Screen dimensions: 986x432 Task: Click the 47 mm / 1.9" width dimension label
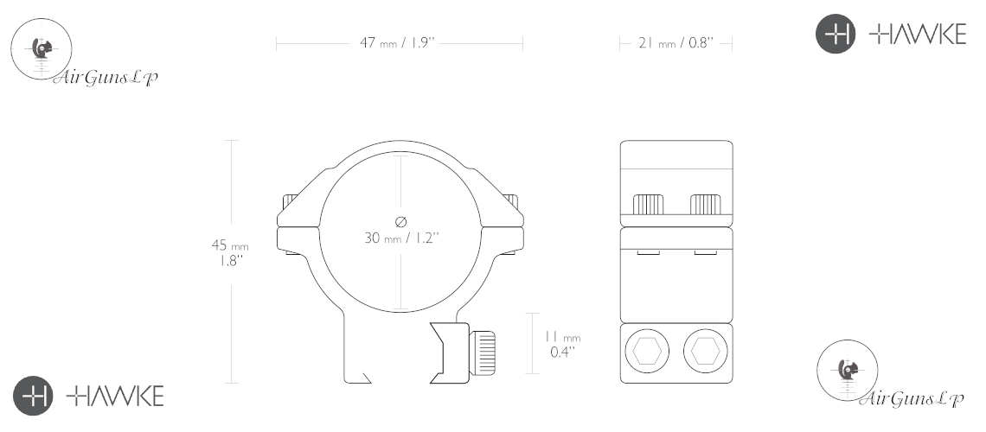tap(397, 43)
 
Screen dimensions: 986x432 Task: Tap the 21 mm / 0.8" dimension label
tap(676, 43)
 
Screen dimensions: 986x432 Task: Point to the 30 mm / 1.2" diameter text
tap(401, 238)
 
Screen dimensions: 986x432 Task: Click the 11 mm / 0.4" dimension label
tap(563, 345)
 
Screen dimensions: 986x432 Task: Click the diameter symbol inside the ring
tap(401, 221)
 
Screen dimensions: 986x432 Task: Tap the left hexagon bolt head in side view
tap(647, 351)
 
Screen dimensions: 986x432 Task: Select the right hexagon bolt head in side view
tap(705, 351)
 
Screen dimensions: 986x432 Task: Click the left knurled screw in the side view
tap(648, 205)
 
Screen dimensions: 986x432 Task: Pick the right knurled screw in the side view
tap(706, 205)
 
